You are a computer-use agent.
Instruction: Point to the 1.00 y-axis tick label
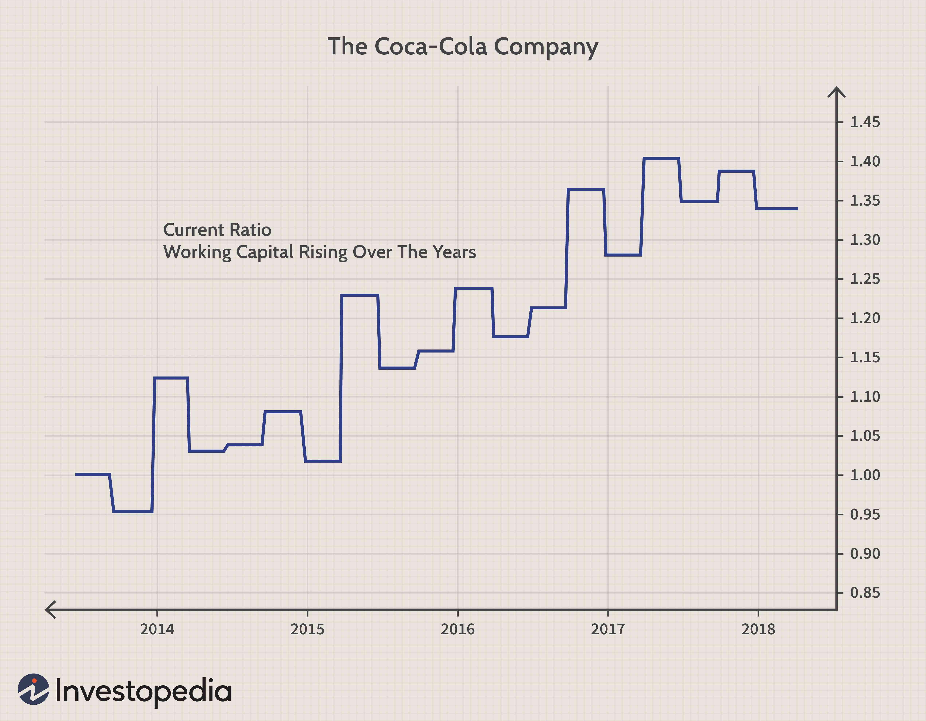[865, 475]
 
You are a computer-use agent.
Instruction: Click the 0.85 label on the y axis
[865, 593]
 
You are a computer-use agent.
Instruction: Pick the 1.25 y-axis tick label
[865, 279]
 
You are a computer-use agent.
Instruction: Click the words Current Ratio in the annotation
[217, 230]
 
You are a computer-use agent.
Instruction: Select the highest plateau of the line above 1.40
[661, 159]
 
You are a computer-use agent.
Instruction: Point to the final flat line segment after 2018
[777, 208]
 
